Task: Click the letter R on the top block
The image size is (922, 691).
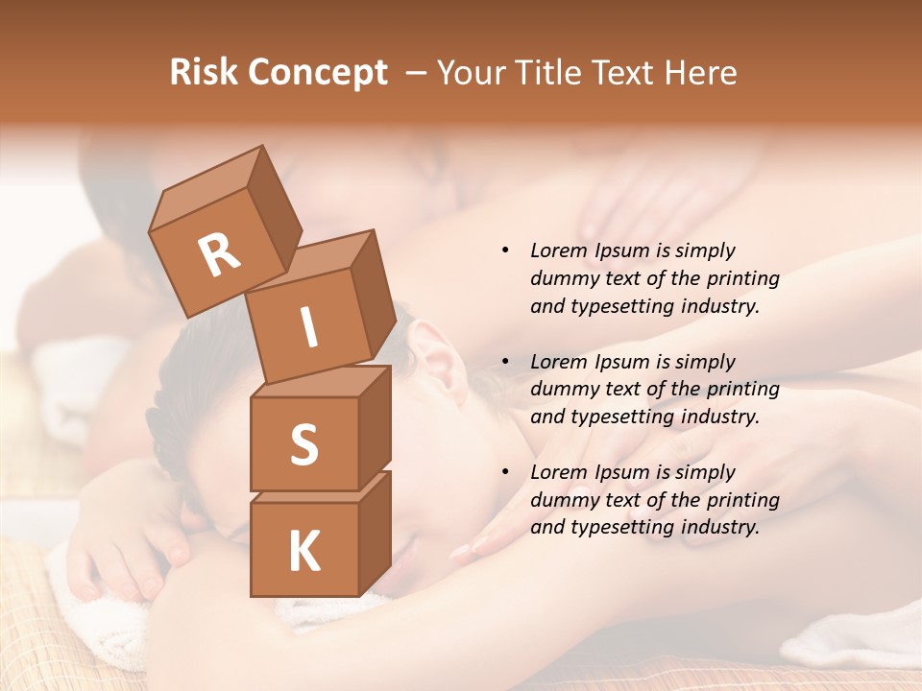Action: [x=219, y=255]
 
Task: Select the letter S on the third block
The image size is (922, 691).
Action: [x=303, y=444]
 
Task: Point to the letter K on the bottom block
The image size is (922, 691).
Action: [x=303, y=552]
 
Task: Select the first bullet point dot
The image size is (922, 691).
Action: [x=505, y=250]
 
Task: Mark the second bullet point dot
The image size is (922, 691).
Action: [x=505, y=362]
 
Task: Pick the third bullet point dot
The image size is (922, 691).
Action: [x=505, y=472]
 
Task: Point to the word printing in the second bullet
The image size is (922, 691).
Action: [x=742, y=390]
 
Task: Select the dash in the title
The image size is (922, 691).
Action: [x=417, y=73]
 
